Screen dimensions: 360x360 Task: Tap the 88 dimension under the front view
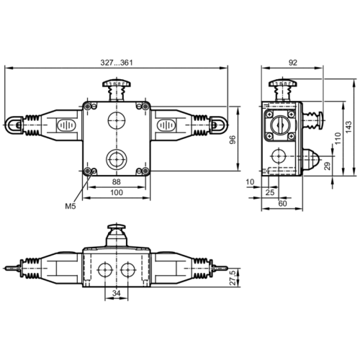pyautogui.click(x=115, y=182)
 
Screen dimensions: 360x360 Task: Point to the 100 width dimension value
pyautogui.click(x=116, y=193)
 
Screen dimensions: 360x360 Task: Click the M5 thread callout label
pyautogui.click(x=70, y=206)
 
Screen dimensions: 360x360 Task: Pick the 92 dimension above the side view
pyautogui.click(x=292, y=63)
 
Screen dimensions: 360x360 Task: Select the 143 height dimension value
pyautogui.click(x=347, y=126)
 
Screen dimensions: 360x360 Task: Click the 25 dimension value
pyautogui.click(x=269, y=193)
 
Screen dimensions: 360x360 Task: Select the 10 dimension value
pyautogui.click(x=249, y=182)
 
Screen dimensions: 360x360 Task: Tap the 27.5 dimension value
pyautogui.click(x=232, y=277)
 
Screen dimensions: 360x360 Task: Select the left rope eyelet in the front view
pyautogui.click(x=15, y=126)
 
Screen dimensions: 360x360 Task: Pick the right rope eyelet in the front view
pyautogui.click(x=217, y=126)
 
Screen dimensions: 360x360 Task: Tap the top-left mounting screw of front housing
pyautogui.click(x=89, y=108)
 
